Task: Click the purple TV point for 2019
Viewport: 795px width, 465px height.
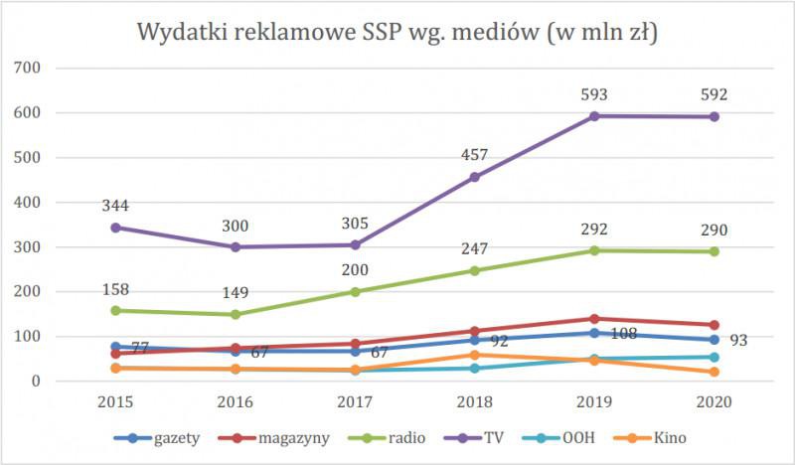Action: [x=595, y=116]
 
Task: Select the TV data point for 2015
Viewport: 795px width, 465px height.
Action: [x=115, y=228]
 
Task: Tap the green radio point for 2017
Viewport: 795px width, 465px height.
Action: [x=356, y=292]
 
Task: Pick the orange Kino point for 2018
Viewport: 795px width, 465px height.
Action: [x=476, y=355]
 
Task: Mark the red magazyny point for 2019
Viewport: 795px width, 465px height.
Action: [x=595, y=319]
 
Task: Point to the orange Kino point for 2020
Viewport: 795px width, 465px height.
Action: [x=715, y=373]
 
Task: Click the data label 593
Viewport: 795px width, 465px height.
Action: [x=595, y=95]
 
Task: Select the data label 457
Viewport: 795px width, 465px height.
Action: [x=475, y=156]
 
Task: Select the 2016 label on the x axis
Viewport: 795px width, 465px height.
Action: [x=236, y=403]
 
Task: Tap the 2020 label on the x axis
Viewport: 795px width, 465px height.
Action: [x=715, y=403]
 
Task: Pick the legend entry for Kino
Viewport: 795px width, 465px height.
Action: [x=666, y=438]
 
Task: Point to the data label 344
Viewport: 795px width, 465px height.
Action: [x=115, y=206]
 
